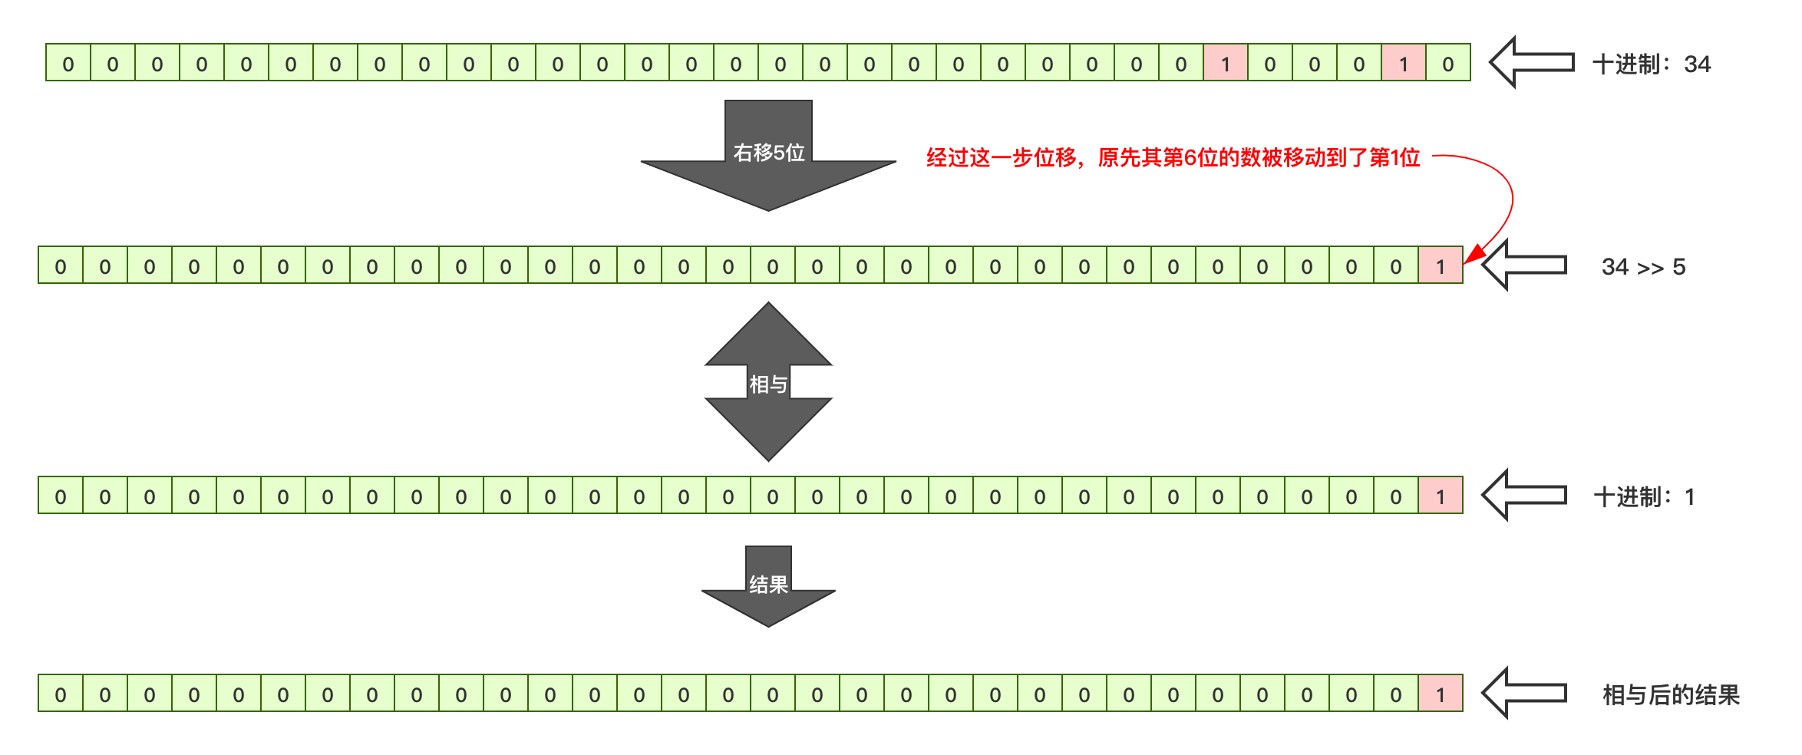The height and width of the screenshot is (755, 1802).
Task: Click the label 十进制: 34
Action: pyautogui.click(x=1651, y=64)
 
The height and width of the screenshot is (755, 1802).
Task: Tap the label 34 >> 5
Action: pyautogui.click(x=1643, y=266)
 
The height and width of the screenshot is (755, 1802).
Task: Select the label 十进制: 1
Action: pyautogui.click(x=1643, y=496)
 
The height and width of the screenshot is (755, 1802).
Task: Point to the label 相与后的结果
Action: pyautogui.click(x=1670, y=694)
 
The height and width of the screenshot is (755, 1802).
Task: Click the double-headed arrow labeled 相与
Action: pyautogui.click(x=768, y=382)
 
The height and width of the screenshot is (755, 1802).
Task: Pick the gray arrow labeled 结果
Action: pyautogui.click(x=768, y=588)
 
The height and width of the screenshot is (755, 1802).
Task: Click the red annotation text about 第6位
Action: pyautogui.click(x=1173, y=157)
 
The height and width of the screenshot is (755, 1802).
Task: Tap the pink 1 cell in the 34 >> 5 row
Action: pyautogui.click(x=1441, y=265)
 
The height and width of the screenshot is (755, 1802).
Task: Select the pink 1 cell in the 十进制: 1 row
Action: pyautogui.click(x=1441, y=496)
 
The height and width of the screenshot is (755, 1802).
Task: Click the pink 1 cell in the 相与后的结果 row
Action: pyautogui.click(x=1441, y=694)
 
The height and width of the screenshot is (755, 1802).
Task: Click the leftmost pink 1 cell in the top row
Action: pyautogui.click(x=1226, y=63)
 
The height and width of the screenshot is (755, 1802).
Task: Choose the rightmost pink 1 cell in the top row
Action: pyautogui.click(x=1404, y=63)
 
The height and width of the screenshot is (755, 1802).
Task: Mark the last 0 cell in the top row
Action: pyautogui.click(x=1448, y=63)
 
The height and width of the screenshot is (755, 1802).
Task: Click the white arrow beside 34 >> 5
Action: pyautogui.click(x=1524, y=265)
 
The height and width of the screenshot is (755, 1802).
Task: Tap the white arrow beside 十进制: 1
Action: pyautogui.click(x=1524, y=495)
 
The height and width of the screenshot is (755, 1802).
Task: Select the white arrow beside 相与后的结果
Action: pyautogui.click(x=1524, y=693)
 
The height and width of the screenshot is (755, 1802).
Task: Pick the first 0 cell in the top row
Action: pyautogui.click(x=68, y=63)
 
